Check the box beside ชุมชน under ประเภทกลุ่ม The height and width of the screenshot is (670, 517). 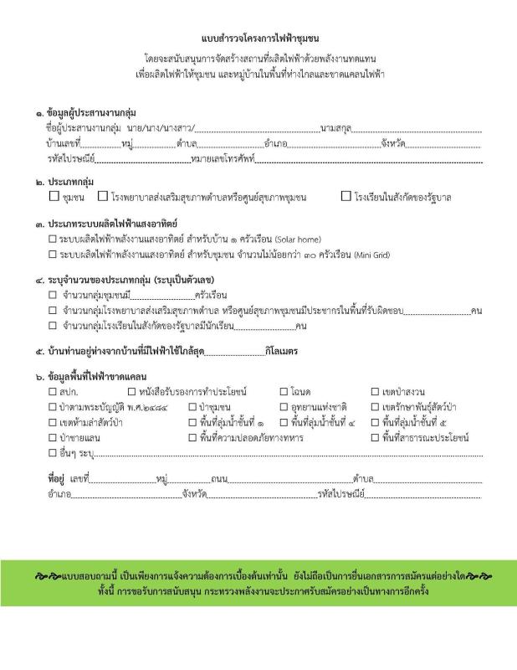(x=54, y=198)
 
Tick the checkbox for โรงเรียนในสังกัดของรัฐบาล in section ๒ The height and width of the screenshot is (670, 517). (x=346, y=198)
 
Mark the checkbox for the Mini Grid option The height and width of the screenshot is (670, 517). (x=53, y=255)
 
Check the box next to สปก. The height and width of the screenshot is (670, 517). (x=53, y=392)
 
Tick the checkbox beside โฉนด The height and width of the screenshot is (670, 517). (x=284, y=392)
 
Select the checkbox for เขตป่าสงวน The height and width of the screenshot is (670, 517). (x=375, y=392)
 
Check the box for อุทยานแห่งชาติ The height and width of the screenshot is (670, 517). (x=284, y=407)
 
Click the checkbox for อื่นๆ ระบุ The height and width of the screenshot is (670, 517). (x=53, y=453)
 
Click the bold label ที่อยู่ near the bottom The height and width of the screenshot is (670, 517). (x=57, y=479)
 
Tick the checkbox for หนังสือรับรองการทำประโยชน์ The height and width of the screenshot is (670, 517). (x=132, y=392)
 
